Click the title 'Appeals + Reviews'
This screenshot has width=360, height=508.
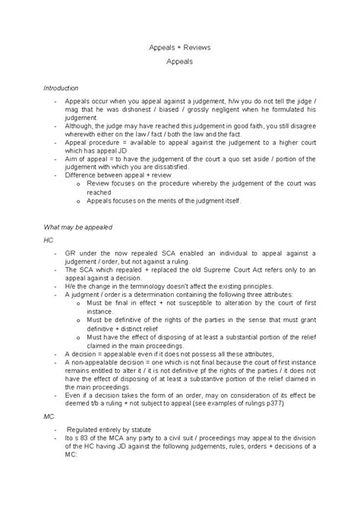pyautogui.click(x=180, y=48)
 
